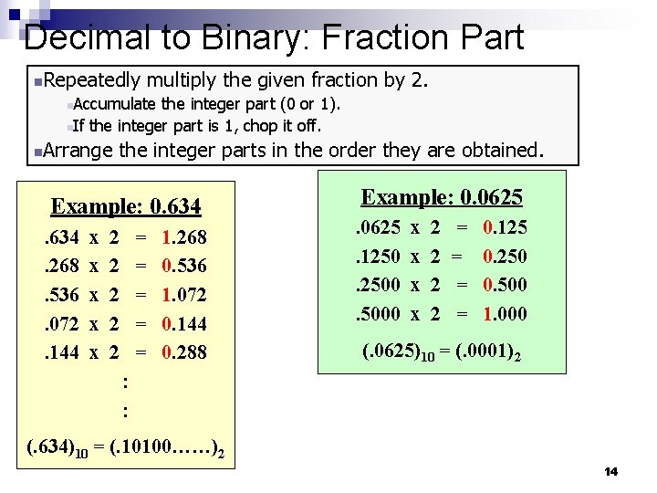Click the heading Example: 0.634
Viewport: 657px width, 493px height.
pyautogui.click(x=126, y=206)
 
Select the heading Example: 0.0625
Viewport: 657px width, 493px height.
pyautogui.click(x=442, y=197)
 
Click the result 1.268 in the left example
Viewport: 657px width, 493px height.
pyautogui.click(x=183, y=238)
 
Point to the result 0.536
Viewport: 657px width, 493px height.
pyautogui.click(x=183, y=267)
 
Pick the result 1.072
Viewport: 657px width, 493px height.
pyautogui.click(x=183, y=295)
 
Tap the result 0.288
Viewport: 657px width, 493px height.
pyautogui.click(x=183, y=351)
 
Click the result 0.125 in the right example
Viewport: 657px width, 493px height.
pyautogui.click(x=505, y=227)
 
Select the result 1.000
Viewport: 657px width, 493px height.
pyautogui.click(x=505, y=313)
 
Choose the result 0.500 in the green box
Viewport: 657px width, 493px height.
pyautogui.click(x=505, y=285)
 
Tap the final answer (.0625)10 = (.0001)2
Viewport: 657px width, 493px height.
pyautogui.click(x=442, y=351)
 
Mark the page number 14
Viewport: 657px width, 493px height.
pyautogui.click(x=610, y=471)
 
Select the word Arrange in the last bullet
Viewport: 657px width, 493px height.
pyautogui.click(x=78, y=149)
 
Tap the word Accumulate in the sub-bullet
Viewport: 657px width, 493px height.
pyautogui.click(x=115, y=105)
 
